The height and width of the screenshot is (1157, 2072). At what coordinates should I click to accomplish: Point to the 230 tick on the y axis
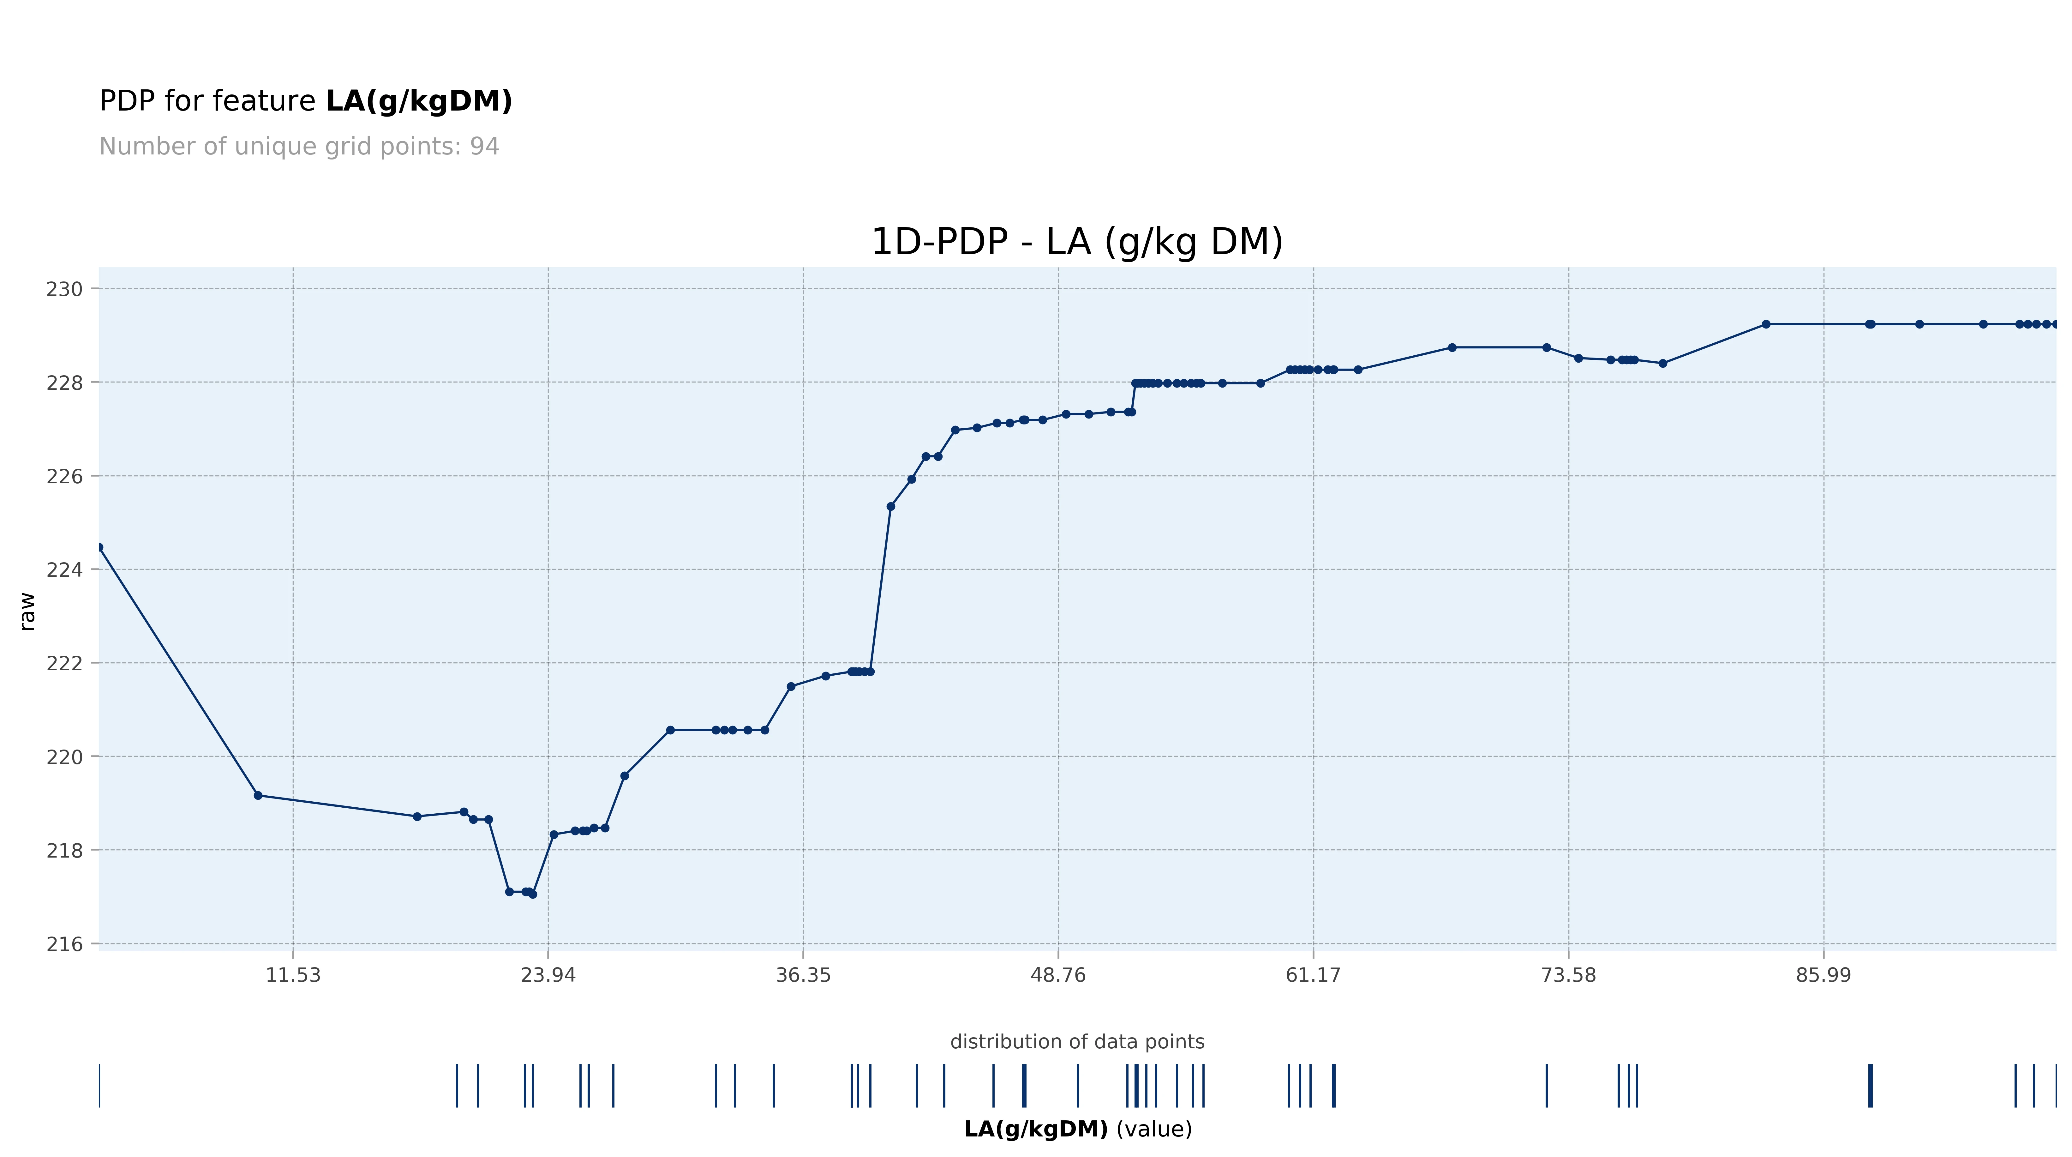pyautogui.click(x=64, y=289)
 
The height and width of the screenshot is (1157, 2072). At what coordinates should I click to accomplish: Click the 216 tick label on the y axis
pyautogui.click(x=64, y=944)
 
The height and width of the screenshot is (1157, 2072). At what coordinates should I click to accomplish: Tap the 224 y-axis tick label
pyautogui.click(x=64, y=569)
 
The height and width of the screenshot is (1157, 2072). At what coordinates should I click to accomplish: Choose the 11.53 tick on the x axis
pyautogui.click(x=293, y=975)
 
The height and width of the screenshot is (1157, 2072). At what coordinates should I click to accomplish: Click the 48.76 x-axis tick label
pyautogui.click(x=1058, y=975)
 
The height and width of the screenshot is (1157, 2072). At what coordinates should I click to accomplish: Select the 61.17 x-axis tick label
pyautogui.click(x=1313, y=975)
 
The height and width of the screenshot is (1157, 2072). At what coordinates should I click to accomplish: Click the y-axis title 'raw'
pyautogui.click(x=27, y=612)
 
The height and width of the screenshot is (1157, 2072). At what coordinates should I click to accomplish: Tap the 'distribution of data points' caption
pyautogui.click(x=1077, y=1042)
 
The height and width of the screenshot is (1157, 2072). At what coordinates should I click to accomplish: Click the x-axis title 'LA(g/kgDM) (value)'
pyautogui.click(x=1077, y=1129)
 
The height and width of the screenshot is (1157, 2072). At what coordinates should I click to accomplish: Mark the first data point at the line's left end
pyautogui.click(x=99, y=547)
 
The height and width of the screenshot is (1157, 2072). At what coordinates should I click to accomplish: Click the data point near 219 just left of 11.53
pyautogui.click(x=258, y=795)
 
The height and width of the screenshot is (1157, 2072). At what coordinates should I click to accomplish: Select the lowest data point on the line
pyautogui.click(x=532, y=894)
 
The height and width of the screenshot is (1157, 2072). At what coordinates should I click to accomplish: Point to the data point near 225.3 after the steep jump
pyautogui.click(x=890, y=506)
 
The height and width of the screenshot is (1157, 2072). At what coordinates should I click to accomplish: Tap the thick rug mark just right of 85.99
pyautogui.click(x=1870, y=1085)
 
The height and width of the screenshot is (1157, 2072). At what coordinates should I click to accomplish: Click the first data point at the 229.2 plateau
pyautogui.click(x=1765, y=324)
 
